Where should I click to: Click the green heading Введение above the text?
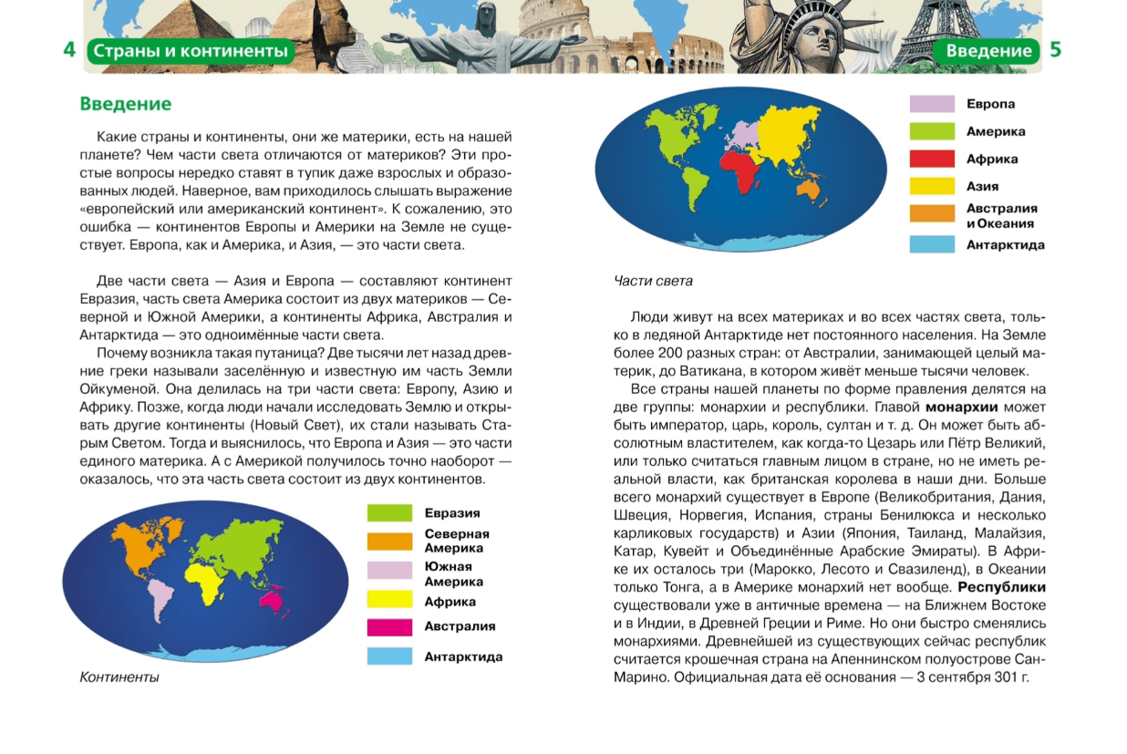click(126, 104)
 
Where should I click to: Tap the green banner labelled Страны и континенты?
click(191, 51)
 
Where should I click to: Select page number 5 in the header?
click(1056, 50)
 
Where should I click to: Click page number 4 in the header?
click(69, 50)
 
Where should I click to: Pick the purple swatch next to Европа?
click(932, 104)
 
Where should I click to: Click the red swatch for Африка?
click(932, 160)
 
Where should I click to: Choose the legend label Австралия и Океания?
click(1001, 215)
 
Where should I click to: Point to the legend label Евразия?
click(451, 513)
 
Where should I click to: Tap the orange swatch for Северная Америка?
click(389, 541)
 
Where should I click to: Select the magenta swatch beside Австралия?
click(389, 627)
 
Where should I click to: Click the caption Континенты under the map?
click(119, 677)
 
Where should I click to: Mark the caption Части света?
click(653, 281)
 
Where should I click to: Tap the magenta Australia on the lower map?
click(271, 598)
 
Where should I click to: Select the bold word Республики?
click(1001, 587)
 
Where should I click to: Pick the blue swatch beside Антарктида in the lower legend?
click(389, 656)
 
